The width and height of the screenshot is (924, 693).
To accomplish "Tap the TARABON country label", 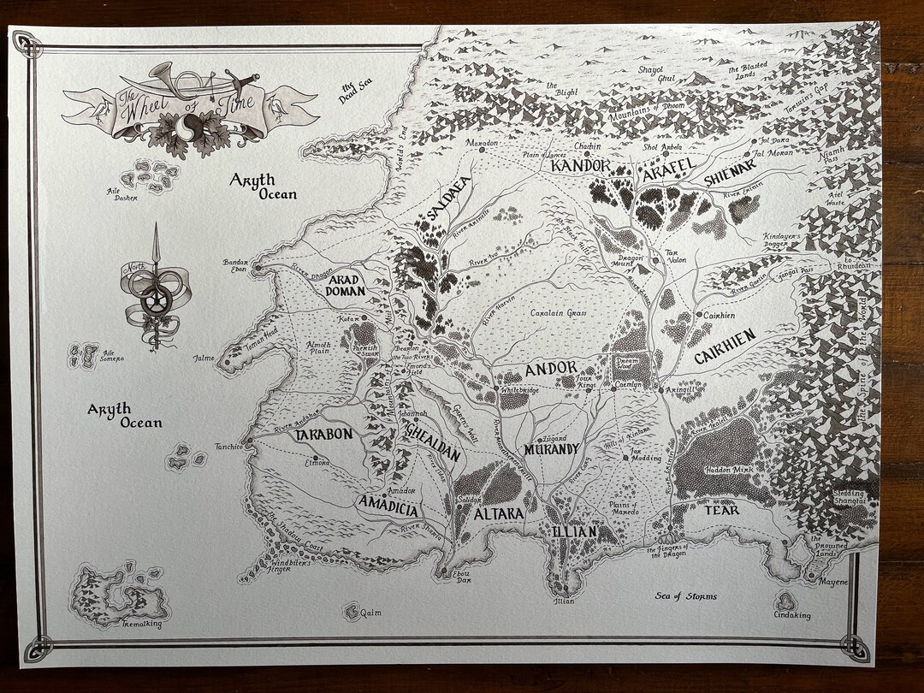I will point(323,435).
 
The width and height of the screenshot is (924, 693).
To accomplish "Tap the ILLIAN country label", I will point(573,532).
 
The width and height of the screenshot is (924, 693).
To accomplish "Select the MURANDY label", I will point(552,449).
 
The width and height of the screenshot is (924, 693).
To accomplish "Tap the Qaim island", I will point(352,611).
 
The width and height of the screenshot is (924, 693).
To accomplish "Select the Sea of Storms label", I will point(685,596).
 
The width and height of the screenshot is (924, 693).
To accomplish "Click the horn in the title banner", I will point(175,81).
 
